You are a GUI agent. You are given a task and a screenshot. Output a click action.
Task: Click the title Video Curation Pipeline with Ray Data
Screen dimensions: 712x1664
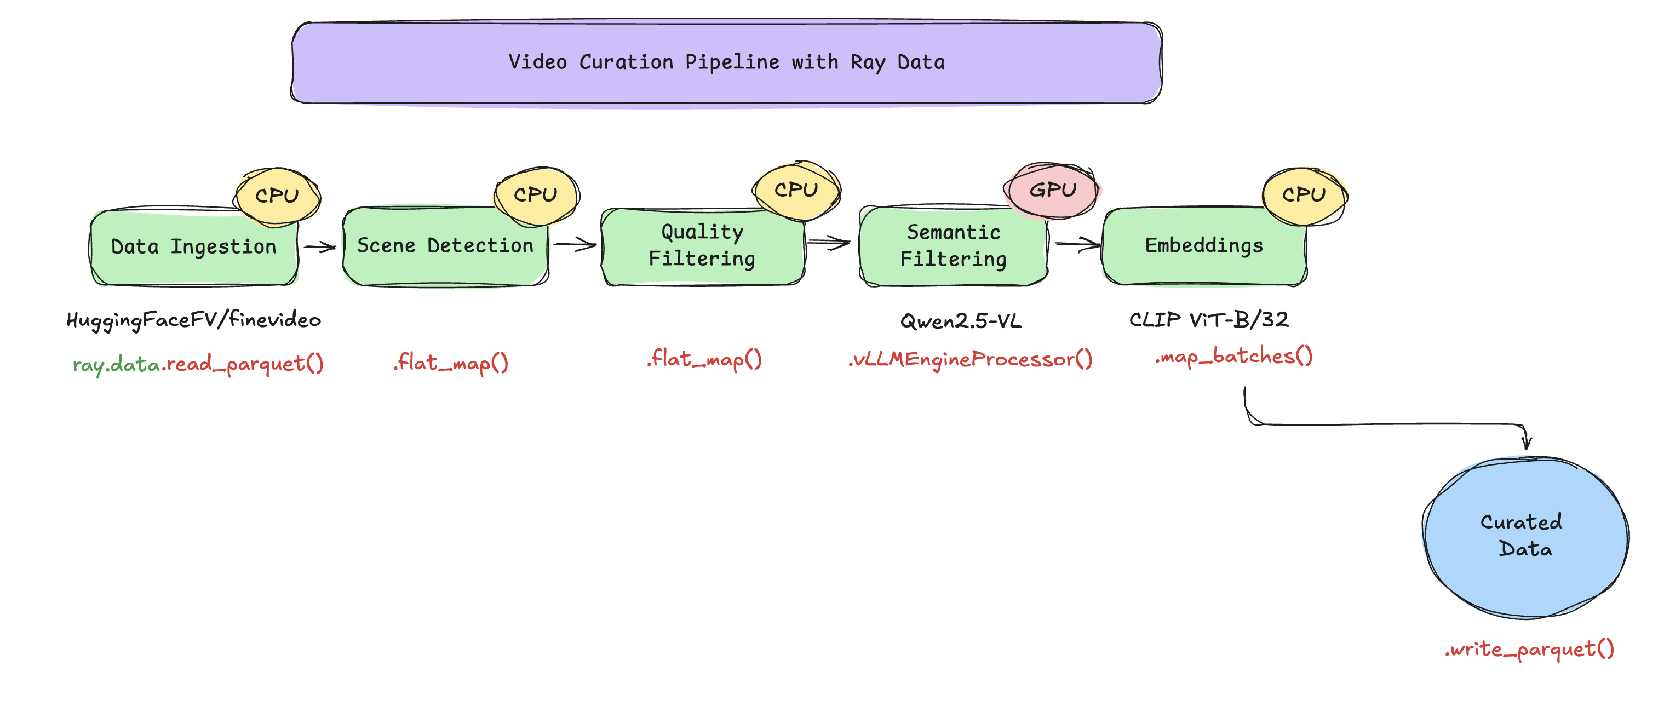(x=726, y=62)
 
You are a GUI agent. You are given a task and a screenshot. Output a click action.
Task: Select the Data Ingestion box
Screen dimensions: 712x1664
(x=193, y=248)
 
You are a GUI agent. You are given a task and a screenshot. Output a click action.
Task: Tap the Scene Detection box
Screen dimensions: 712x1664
(x=445, y=246)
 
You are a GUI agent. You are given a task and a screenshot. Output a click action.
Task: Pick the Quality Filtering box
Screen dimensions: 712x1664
(x=702, y=246)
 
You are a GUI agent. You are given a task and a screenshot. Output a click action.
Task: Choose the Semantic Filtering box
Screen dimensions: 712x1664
(x=953, y=246)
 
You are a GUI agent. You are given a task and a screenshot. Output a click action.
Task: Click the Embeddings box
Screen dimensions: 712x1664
(x=1203, y=246)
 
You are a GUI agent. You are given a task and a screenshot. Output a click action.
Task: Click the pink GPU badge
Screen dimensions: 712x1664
(x=1052, y=191)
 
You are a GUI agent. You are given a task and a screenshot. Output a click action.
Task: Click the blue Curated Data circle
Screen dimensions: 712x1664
(x=1524, y=536)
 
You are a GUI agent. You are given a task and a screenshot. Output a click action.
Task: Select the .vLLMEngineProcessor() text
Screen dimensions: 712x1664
(x=969, y=360)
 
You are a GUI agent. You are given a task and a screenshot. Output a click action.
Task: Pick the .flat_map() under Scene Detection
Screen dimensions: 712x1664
(x=450, y=363)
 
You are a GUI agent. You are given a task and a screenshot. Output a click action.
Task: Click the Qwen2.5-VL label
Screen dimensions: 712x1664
(x=961, y=321)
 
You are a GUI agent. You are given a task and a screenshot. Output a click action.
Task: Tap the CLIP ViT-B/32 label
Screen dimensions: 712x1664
(x=1209, y=320)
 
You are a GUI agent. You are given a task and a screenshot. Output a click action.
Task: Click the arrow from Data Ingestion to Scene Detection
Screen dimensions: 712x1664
(x=320, y=247)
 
